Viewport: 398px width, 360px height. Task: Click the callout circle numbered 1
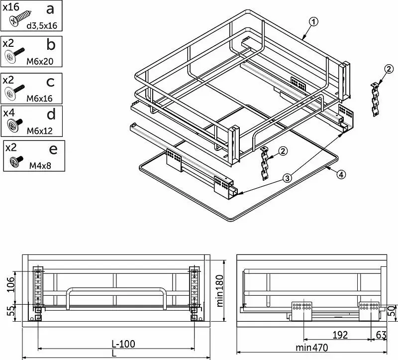point(313,21)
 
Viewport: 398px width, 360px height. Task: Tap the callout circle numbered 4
point(340,174)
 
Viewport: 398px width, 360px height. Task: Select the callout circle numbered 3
point(287,177)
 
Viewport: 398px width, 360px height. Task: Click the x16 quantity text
point(11,6)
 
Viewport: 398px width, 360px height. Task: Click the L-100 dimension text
point(123,344)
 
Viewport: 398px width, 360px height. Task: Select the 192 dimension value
point(340,335)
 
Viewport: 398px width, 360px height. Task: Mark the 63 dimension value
point(382,335)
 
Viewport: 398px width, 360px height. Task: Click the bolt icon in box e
point(16,161)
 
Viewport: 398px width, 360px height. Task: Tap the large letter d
point(51,114)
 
